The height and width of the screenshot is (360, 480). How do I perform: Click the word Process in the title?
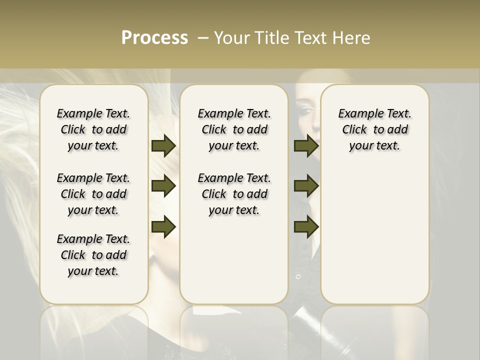[x=154, y=38]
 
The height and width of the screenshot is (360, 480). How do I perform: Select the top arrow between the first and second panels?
[x=163, y=145]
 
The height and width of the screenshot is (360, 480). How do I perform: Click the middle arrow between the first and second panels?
[x=163, y=186]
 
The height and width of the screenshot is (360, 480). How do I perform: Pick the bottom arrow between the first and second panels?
[x=163, y=227]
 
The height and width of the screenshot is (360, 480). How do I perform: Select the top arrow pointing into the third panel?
[x=306, y=145]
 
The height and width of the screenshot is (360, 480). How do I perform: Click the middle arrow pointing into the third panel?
[x=306, y=186]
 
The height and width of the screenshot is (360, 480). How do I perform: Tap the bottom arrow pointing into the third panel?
[x=306, y=227]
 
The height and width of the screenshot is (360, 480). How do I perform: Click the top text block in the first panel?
[x=93, y=129]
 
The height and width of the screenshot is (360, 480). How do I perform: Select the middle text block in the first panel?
[x=93, y=194]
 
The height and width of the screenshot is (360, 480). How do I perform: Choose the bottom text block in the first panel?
[x=93, y=255]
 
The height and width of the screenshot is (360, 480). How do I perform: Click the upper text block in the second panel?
[x=234, y=129]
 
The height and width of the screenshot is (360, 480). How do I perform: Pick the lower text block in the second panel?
[x=234, y=194]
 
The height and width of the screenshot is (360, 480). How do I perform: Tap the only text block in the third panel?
[x=375, y=129]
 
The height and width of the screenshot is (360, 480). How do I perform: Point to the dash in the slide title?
[x=203, y=38]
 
